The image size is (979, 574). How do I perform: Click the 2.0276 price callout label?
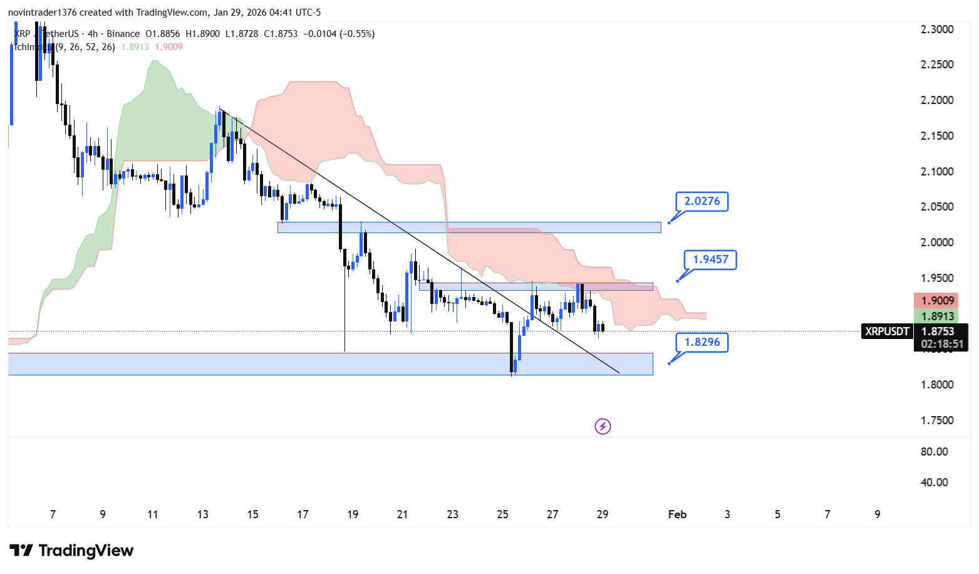click(x=702, y=201)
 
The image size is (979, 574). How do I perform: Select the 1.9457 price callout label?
click(x=710, y=259)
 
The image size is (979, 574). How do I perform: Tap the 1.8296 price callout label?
click(x=702, y=342)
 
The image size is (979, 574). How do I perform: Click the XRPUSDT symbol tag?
click(x=886, y=331)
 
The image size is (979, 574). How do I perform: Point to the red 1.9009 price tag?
click(x=937, y=301)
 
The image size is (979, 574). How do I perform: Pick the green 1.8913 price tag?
click(x=937, y=316)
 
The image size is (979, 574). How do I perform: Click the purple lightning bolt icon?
click(x=603, y=427)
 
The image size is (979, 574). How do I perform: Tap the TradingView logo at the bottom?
click(x=71, y=551)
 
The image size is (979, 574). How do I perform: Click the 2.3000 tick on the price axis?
click(x=937, y=29)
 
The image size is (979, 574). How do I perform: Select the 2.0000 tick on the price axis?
click(x=937, y=243)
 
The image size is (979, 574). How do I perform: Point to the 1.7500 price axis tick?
click(x=937, y=420)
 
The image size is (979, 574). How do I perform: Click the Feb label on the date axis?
click(x=677, y=514)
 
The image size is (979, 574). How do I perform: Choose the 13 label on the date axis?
click(x=202, y=514)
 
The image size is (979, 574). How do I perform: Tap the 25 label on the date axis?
click(x=502, y=514)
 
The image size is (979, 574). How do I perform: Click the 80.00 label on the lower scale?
click(x=934, y=452)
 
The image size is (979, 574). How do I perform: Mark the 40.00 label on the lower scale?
click(x=934, y=483)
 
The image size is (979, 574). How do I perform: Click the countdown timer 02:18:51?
click(x=942, y=344)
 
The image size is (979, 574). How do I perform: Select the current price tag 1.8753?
click(x=938, y=331)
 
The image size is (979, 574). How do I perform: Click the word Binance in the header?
click(x=123, y=34)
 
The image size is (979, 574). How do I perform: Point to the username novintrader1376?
click(x=42, y=13)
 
